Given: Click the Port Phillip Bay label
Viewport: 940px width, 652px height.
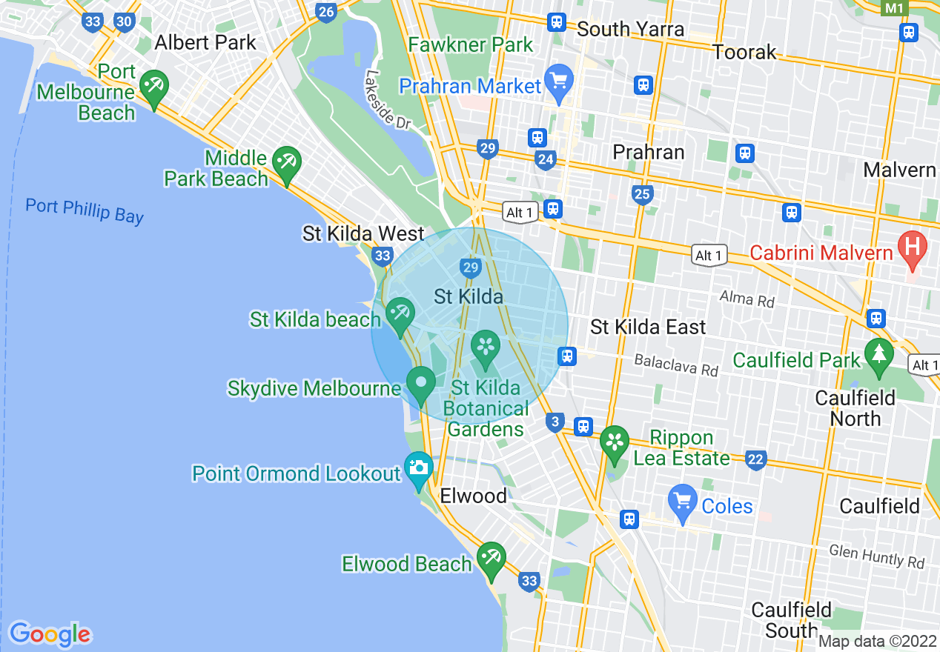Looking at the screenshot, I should (x=84, y=210).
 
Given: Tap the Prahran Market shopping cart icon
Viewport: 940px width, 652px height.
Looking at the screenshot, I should (x=558, y=79).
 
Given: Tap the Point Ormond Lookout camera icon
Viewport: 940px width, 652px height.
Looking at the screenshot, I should (x=419, y=468).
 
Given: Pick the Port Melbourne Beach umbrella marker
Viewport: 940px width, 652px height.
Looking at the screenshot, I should (x=153, y=87).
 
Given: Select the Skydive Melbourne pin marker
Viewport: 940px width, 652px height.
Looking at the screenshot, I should (x=421, y=383).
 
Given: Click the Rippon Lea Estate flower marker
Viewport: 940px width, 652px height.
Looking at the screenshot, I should (x=614, y=442).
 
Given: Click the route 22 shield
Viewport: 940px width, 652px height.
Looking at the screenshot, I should (x=755, y=460).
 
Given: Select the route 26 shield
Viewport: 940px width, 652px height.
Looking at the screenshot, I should (x=325, y=11).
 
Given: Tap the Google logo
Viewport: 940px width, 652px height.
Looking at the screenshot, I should (x=50, y=633).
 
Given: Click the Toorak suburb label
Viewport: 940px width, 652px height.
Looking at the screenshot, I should (x=744, y=52).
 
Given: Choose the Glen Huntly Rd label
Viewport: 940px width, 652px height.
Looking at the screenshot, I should (x=877, y=556).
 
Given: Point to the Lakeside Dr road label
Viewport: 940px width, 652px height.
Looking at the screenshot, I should (x=387, y=100).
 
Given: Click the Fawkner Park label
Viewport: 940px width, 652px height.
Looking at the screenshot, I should (x=471, y=44).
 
